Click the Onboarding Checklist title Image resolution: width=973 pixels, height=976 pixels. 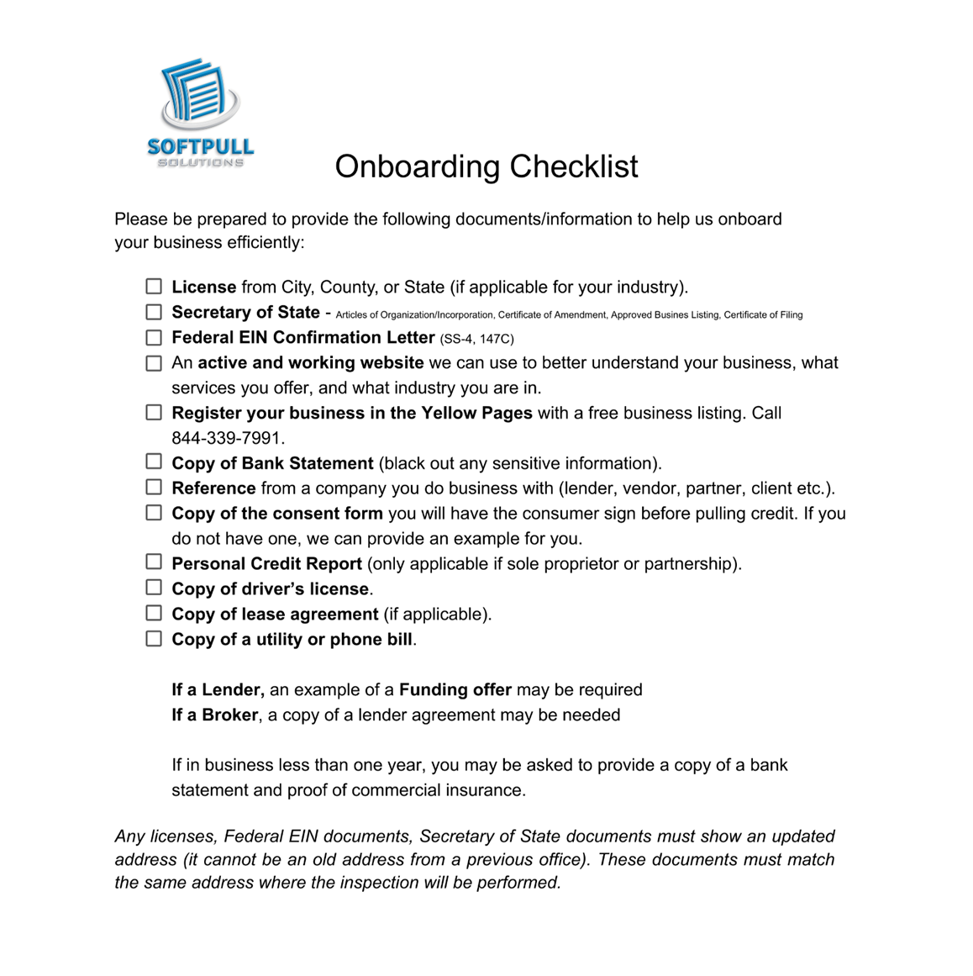tap(486, 166)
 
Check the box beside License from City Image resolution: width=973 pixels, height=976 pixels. tap(154, 287)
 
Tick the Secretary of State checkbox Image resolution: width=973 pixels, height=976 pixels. tap(154, 312)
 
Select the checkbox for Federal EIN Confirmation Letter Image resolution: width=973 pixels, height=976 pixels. tap(154, 337)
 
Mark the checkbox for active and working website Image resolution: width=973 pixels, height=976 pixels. tap(154, 363)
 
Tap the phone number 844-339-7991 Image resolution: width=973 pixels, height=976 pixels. tap(228, 438)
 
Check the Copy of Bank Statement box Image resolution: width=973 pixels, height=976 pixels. tap(154, 462)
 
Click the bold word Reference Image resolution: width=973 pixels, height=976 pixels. tap(213, 488)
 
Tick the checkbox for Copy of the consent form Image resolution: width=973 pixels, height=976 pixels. tap(154, 512)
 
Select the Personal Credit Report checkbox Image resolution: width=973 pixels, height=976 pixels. tap(154, 562)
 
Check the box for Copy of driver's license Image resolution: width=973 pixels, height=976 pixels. tap(154, 587)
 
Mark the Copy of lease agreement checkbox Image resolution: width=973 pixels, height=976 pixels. tap(154, 613)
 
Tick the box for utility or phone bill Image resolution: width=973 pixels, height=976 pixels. tap(154, 638)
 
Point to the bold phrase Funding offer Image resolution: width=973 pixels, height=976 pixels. tap(455, 690)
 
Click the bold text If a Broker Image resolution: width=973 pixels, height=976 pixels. tap(214, 715)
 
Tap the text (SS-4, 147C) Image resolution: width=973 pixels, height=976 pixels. tap(476, 339)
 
